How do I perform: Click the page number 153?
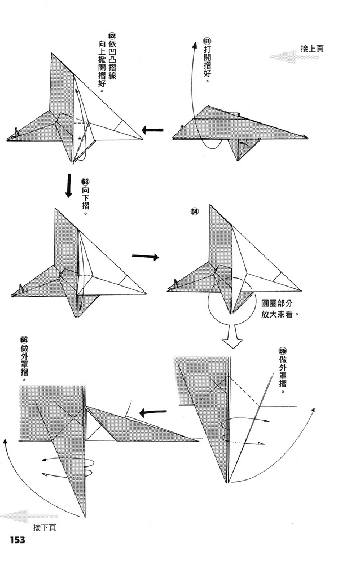17,540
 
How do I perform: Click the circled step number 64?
195,211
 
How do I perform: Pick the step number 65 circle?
283,351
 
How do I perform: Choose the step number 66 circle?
24,340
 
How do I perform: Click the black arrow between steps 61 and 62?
152,131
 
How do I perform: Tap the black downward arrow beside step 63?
69,186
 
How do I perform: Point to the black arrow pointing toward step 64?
145,257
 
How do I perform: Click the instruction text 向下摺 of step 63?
85,200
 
